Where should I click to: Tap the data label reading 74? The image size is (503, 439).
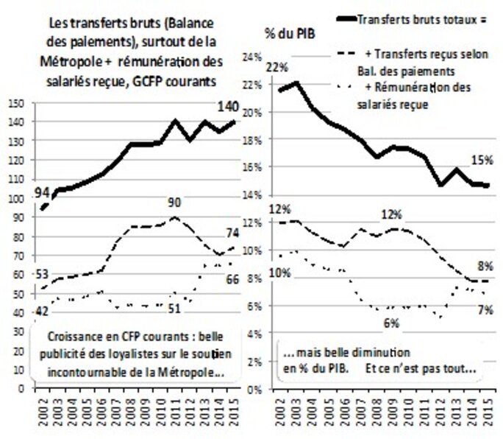point(231,233)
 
